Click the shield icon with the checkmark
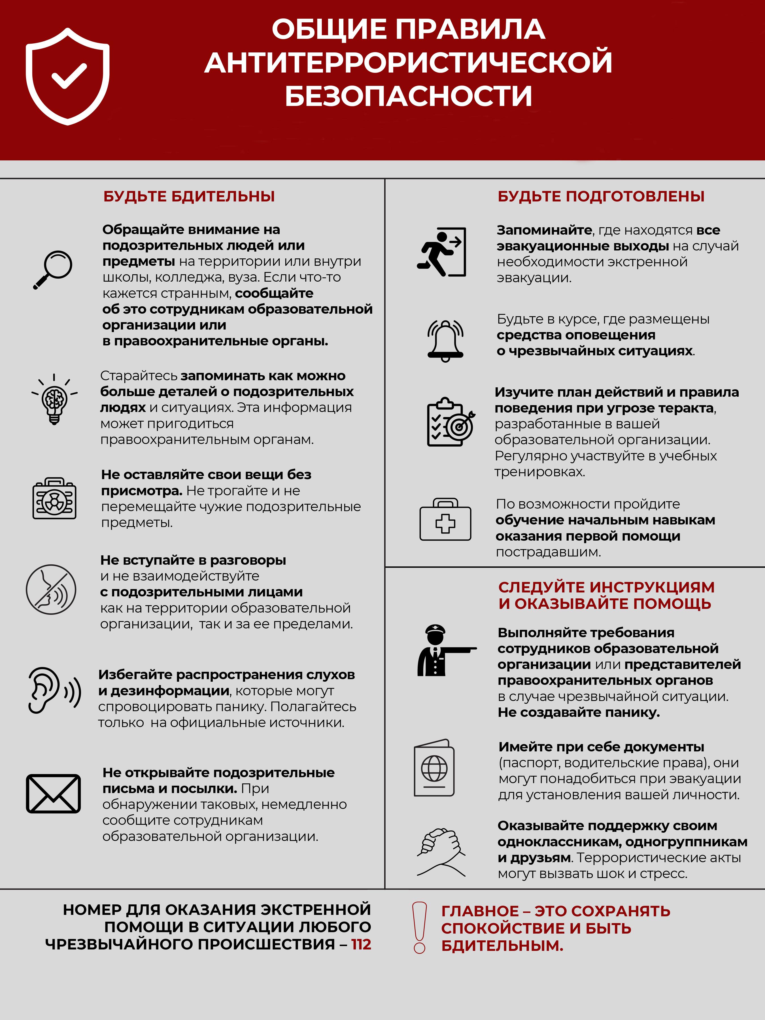(67, 76)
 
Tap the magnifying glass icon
(53, 269)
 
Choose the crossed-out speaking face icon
(51, 589)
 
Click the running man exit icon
(441, 252)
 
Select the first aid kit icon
(445, 519)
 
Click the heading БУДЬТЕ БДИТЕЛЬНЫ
(189, 196)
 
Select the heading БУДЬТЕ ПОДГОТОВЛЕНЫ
(601, 196)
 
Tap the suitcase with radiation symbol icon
(54, 498)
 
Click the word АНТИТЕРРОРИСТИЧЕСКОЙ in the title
(409, 62)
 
